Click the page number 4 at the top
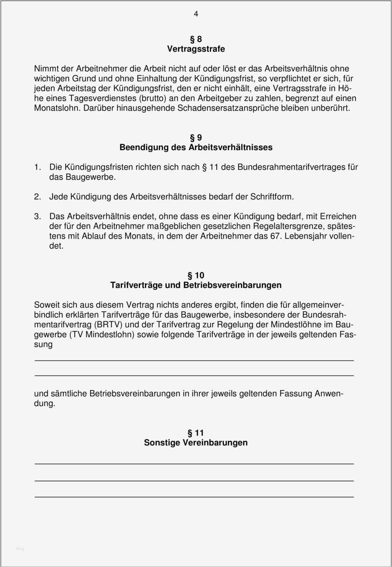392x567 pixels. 196,14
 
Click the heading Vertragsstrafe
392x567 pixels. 196,49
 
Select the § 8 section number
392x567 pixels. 196,39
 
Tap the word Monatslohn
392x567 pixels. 57,108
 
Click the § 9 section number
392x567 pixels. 196,138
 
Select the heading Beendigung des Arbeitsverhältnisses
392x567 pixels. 196,148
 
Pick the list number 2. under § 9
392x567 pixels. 38,197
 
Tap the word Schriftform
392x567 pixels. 272,197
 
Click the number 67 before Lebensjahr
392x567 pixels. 275,236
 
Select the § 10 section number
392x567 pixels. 196,276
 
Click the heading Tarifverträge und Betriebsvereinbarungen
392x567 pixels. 196,286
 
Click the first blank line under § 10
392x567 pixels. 194,361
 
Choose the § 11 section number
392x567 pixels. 196,433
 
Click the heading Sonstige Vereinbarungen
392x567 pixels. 196,443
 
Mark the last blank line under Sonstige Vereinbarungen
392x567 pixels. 194,497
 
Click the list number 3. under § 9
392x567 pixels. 38,217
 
